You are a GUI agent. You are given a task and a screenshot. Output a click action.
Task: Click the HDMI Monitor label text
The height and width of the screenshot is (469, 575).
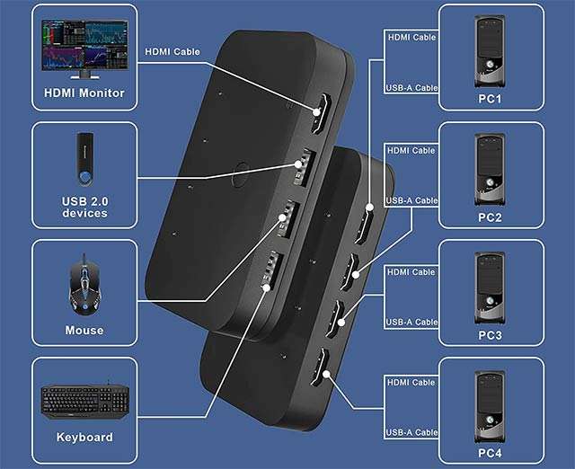[x=84, y=93]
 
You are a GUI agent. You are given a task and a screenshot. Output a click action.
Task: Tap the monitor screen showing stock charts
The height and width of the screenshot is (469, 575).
[x=85, y=45]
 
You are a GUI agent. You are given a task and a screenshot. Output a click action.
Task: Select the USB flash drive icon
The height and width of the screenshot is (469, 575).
[x=84, y=158]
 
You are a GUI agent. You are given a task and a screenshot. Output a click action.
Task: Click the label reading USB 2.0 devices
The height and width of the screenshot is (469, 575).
[x=84, y=208]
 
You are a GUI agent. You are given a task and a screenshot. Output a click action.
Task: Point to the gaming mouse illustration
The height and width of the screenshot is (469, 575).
[x=84, y=285]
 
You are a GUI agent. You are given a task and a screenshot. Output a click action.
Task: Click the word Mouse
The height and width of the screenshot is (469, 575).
[x=84, y=330]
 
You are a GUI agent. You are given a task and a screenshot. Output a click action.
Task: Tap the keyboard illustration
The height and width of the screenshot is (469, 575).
[x=84, y=402]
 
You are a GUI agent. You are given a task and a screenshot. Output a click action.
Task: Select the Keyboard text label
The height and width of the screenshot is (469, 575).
[x=84, y=437]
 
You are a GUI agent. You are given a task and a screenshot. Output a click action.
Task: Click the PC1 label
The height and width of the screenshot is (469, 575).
[x=490, y=99]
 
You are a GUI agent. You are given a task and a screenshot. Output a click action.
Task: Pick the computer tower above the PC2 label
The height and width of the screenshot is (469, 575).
[x=491, y=170]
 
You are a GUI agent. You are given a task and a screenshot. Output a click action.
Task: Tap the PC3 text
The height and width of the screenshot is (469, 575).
[x=490, y=335]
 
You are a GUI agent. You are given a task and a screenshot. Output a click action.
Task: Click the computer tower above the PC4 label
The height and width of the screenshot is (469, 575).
[x=491, y=407]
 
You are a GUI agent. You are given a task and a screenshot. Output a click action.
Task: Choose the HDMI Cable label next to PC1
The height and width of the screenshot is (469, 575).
[x=411, y=38]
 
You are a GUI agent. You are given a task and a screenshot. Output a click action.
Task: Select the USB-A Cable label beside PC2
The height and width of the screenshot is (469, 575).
[x=411, y=200]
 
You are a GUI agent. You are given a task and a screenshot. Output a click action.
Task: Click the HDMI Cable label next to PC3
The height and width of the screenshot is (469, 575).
[x=411, y=272]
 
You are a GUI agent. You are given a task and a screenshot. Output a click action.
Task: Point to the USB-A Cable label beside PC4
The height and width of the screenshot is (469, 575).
[x=411, y=433]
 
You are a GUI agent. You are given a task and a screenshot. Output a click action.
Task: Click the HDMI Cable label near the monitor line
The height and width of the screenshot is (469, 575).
[x=172, y=52]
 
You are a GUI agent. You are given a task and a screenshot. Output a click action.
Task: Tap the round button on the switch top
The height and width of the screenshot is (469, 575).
[x=240, y=174]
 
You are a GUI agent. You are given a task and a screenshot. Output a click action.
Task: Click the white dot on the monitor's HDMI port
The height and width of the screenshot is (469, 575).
[x=317, y=111]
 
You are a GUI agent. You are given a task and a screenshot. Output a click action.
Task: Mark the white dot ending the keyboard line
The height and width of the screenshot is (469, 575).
[x=267, y=288]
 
